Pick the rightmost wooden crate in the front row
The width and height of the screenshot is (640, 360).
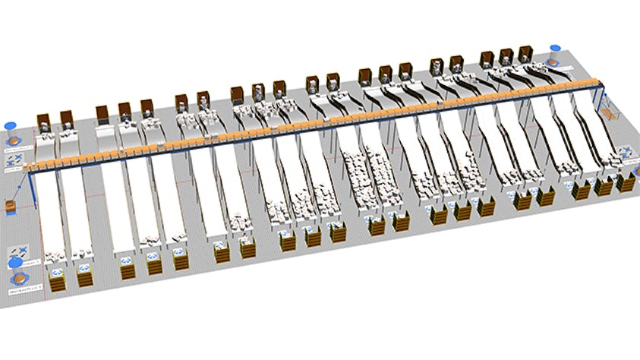[626, 183]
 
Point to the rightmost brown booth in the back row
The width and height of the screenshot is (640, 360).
[525, 53]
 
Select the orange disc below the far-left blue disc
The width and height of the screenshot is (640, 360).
[13, 141]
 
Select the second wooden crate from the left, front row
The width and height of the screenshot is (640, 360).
[83, 278]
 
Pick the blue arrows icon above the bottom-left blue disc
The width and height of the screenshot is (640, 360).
[17, 251]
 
